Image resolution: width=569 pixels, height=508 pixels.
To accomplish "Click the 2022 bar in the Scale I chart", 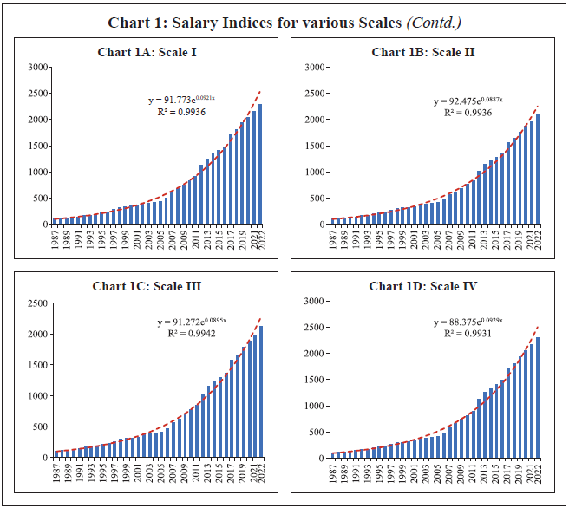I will [x=261, y=165].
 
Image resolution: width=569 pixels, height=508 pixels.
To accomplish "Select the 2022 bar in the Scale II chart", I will [x=539, y=170].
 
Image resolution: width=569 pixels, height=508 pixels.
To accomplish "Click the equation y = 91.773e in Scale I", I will [x=180, y=101].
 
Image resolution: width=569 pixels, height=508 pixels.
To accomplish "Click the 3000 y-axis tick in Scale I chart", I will [x=37, y=67].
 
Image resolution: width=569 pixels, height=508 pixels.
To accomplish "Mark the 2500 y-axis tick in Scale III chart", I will [x=37, y=303].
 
